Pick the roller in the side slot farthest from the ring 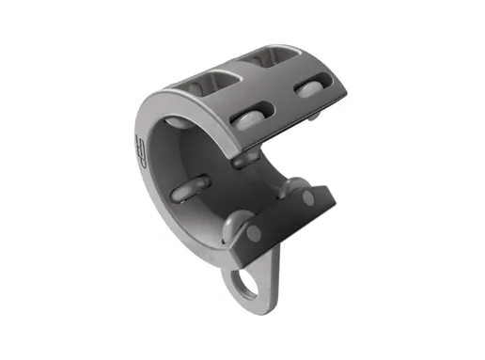tap(310, 89)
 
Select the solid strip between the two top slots tap(237, 70)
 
